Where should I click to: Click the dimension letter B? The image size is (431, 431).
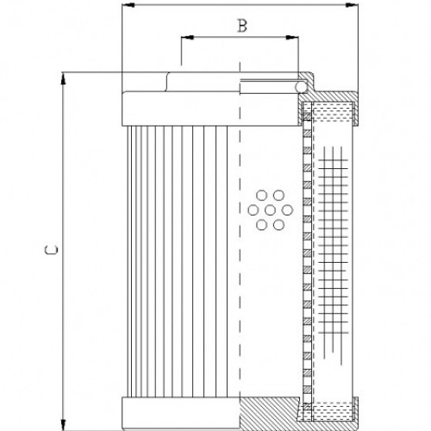click(242, 26)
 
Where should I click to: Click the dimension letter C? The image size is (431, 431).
click(51, 251)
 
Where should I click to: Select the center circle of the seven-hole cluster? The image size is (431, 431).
click(269, 209)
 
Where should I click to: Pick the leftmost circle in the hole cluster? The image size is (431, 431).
click(253, 209)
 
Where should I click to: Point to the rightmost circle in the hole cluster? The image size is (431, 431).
click(284, 209)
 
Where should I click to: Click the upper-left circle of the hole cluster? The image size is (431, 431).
click(261, 195)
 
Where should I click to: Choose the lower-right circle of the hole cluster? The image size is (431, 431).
click(277, 224)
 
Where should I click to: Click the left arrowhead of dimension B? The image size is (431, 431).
click(185, 39)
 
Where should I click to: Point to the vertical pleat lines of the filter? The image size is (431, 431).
click(177, 259)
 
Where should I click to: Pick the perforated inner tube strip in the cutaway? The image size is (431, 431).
click(306, 259)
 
